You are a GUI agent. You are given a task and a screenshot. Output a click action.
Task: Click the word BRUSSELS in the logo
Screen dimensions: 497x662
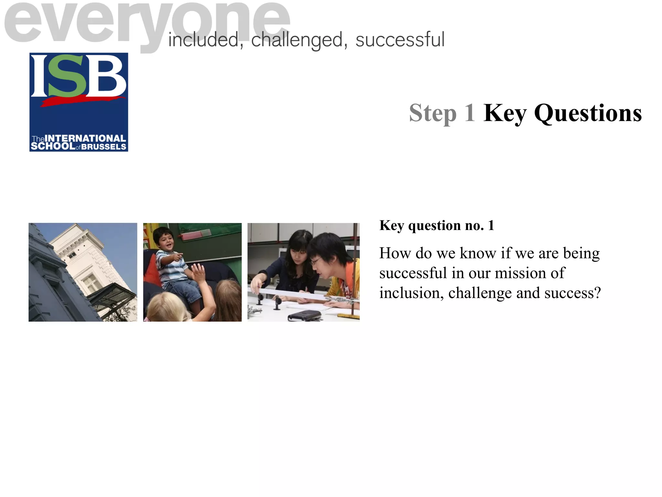click(x=103, y=147)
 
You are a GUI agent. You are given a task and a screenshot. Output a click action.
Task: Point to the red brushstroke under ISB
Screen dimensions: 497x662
click(x=82, y=101)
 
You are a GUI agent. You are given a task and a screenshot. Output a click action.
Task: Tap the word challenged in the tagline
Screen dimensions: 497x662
click(x=296, y=40)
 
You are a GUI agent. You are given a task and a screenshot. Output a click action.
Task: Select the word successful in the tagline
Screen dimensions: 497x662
click(x=400, y=40)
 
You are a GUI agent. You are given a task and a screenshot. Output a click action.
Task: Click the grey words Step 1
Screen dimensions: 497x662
click(x=442, y=113)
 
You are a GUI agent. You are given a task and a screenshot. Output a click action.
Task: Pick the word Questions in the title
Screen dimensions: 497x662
click(x=588, y=113)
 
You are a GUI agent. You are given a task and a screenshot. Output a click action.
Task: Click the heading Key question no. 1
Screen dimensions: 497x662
click(x=437, y=226)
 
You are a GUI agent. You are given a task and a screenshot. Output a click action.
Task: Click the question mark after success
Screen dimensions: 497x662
click(x=597, y=293)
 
